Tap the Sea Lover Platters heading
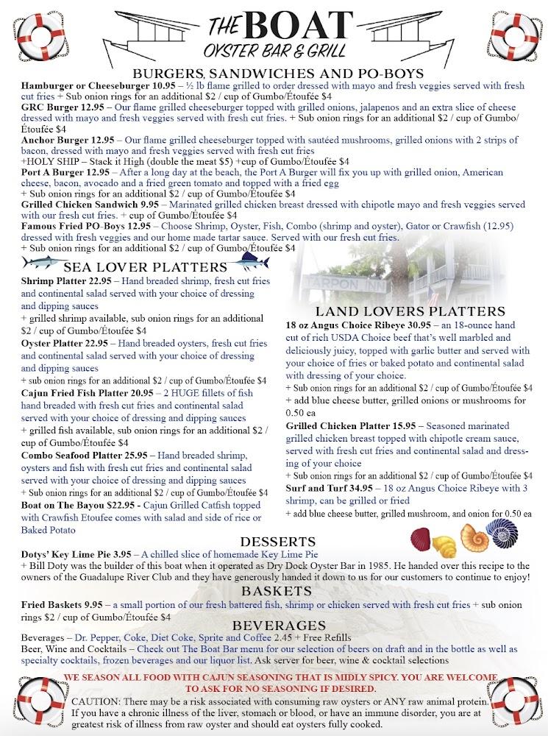(x=146, y=266)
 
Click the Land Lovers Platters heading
(x=410, y=311)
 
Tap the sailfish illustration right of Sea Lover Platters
(x=251, y=261)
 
